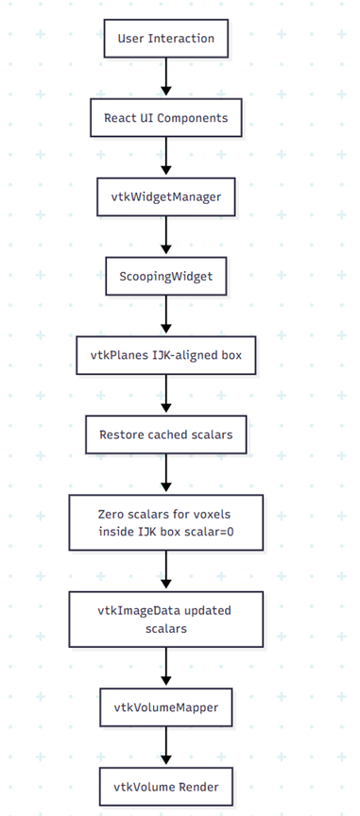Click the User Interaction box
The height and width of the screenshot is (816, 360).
[166, 39]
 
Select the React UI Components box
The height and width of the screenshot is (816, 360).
[166, 118]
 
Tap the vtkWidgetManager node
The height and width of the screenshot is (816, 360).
[166, 196]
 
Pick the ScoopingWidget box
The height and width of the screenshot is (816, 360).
[166, 276]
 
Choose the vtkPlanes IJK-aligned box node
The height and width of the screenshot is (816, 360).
[166, 355]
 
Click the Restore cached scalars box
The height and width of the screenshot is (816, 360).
[166, 434]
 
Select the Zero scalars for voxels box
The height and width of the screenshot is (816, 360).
[166, 522]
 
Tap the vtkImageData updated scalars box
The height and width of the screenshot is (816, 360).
[166, 620]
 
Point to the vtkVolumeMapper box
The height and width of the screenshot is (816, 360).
[166, 707]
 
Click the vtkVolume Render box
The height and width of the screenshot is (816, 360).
[166, 787]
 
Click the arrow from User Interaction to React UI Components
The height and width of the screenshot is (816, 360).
[166, 77]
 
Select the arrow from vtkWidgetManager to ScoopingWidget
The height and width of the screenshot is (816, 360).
[166, 235]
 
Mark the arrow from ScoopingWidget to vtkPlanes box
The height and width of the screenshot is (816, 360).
[166, 314]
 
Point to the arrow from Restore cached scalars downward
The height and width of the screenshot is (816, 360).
[166, 473]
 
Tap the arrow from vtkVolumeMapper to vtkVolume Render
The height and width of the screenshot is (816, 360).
[166, 746]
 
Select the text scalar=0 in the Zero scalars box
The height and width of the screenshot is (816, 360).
[210, 532]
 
